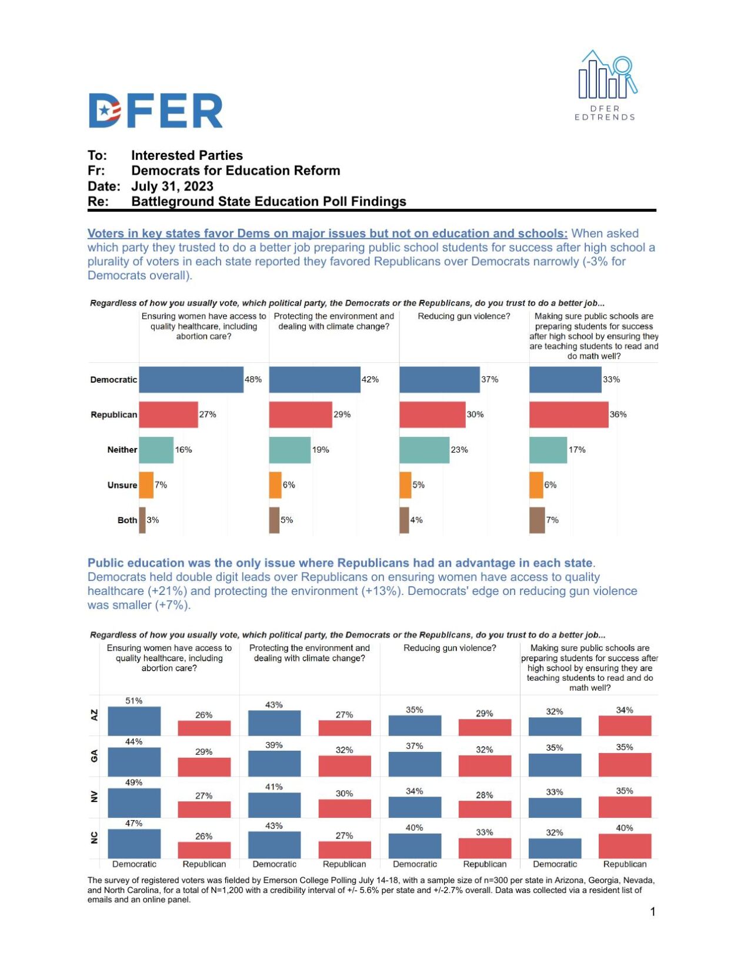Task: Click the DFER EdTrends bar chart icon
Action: coord(606,76)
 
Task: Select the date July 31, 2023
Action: coord(172,186)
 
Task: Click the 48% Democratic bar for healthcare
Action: coord(191,380)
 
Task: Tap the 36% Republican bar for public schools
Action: coord(568,414)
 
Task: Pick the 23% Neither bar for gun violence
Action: coord(424,450)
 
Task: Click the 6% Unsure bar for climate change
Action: coord(275,485)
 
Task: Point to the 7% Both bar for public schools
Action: coord(536,520)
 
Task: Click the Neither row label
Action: coord(122,450)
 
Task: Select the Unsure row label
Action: coord(122,485)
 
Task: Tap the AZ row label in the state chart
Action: coord(94,715)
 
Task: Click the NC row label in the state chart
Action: coord(94,838)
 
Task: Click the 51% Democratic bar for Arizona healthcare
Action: coord(134,721)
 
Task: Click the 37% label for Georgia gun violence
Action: coord(414,746)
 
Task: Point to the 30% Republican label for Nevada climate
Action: coord(344,793)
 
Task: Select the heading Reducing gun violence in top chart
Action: coord(463,316)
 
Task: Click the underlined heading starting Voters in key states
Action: coord(327,233)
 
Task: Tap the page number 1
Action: coord(652,912)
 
